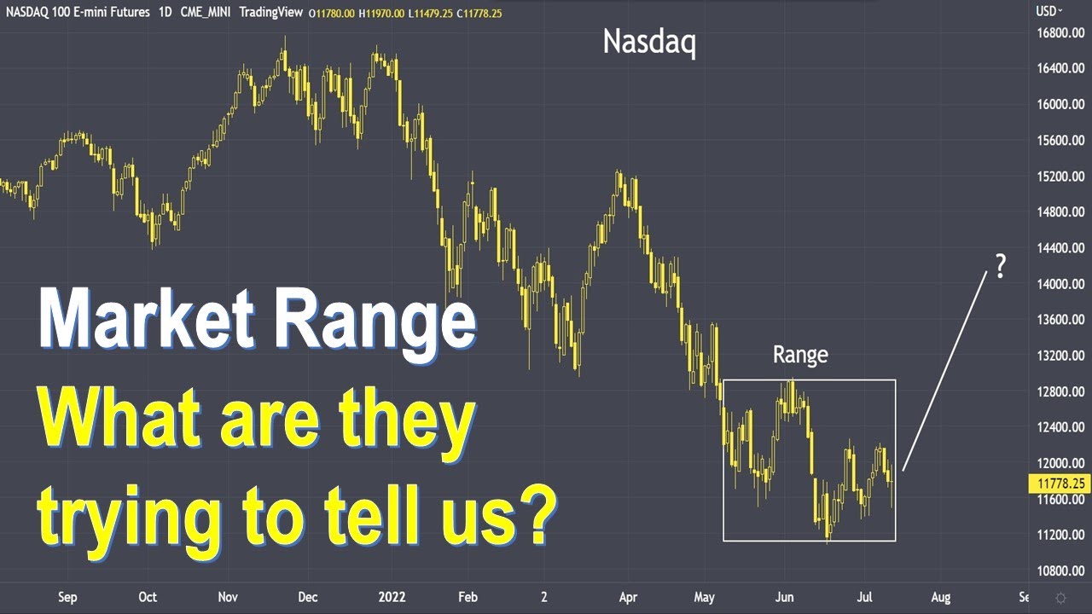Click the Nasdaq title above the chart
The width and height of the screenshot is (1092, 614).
pyautogui.click(x=649, y=42)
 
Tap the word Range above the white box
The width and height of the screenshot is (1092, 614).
pyautogui.click(x=799, y=355)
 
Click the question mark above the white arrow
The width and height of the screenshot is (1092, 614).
pyautogui.click(x=1000, y=267)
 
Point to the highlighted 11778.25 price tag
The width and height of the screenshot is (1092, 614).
pyautogui.click(x=1060, y=483)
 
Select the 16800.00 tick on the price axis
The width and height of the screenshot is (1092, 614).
pyautogui.click(x=1060, y=32)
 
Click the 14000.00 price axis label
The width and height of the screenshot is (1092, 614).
pyautogui.click(x=1060, y=284)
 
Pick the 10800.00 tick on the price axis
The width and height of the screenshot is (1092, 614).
pyautogui.click(x=1060, y=571)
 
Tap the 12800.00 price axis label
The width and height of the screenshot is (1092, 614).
pyautogui.click(x=1060, y=391)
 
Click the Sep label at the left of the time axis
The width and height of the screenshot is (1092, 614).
pyautogui.click(x=67, y=598)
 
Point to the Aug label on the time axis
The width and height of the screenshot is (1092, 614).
pyautogui.click(x=940, y=598)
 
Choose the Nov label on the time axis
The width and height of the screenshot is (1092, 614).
pyautogui.click(x=227, y=598)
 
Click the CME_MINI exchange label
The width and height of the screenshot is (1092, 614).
pyautogui.click(x=205, y=12)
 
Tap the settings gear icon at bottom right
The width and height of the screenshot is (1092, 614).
pyautogui.click(x=1060, y=598)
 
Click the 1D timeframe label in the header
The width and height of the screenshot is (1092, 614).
pyautogui.click(x=166, y=12)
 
